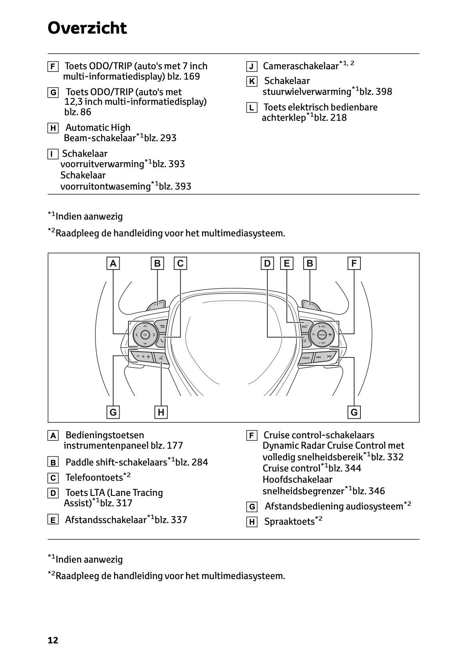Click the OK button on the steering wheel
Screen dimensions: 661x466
click(145, 334)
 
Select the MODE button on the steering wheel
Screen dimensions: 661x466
click(306, 358)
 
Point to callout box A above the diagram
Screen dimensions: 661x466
click(113, 264)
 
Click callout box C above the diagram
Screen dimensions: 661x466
click(180, 264)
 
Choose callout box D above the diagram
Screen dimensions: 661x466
click(267, 264)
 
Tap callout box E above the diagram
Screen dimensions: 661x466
click(287, 264)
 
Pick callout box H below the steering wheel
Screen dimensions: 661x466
click(161, 412)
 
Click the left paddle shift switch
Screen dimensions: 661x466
click(156, 306)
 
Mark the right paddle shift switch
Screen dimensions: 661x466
click(310, 306)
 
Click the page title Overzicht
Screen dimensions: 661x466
click(87, 28)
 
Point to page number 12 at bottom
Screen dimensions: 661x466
click(53, 641)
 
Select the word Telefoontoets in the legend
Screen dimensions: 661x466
click(94, 477)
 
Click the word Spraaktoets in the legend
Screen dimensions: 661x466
click(289, 522)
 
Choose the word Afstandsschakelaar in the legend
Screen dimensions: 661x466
click(106, 520)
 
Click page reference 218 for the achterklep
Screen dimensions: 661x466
click(338, 118)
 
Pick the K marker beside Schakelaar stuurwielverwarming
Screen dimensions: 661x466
click(251, 82)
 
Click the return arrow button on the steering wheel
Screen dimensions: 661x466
click(162, 326)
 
